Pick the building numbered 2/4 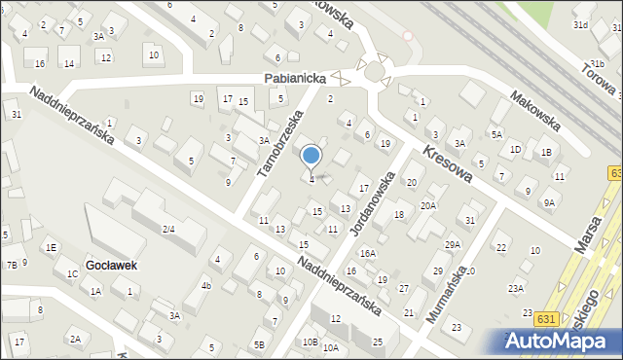click(x=167, y=229)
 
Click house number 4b click(x=205, y=286)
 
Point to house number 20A click(x=427, y=205)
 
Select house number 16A click(x=367, y=253)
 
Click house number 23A click(x=516, y=288)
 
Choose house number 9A click(x=549, y=202)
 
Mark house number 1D click(x=515, y=149)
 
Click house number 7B click(x=11, y=264)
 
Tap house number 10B click(x=310, y=342)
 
